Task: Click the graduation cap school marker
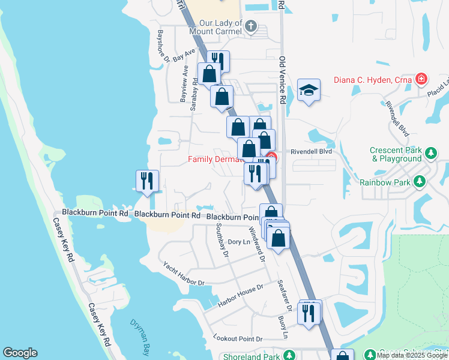(309, 90)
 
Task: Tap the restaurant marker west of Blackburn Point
(147, 180)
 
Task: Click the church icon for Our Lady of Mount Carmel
(252, 26)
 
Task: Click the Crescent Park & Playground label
(396, 154)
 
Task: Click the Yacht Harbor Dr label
(184, 273)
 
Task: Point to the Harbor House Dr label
(240, 296)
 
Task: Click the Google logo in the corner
(20, 353)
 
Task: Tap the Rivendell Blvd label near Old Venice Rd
(311, 152)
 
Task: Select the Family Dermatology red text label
(215, 159)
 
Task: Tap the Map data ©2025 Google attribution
(412, 355)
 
